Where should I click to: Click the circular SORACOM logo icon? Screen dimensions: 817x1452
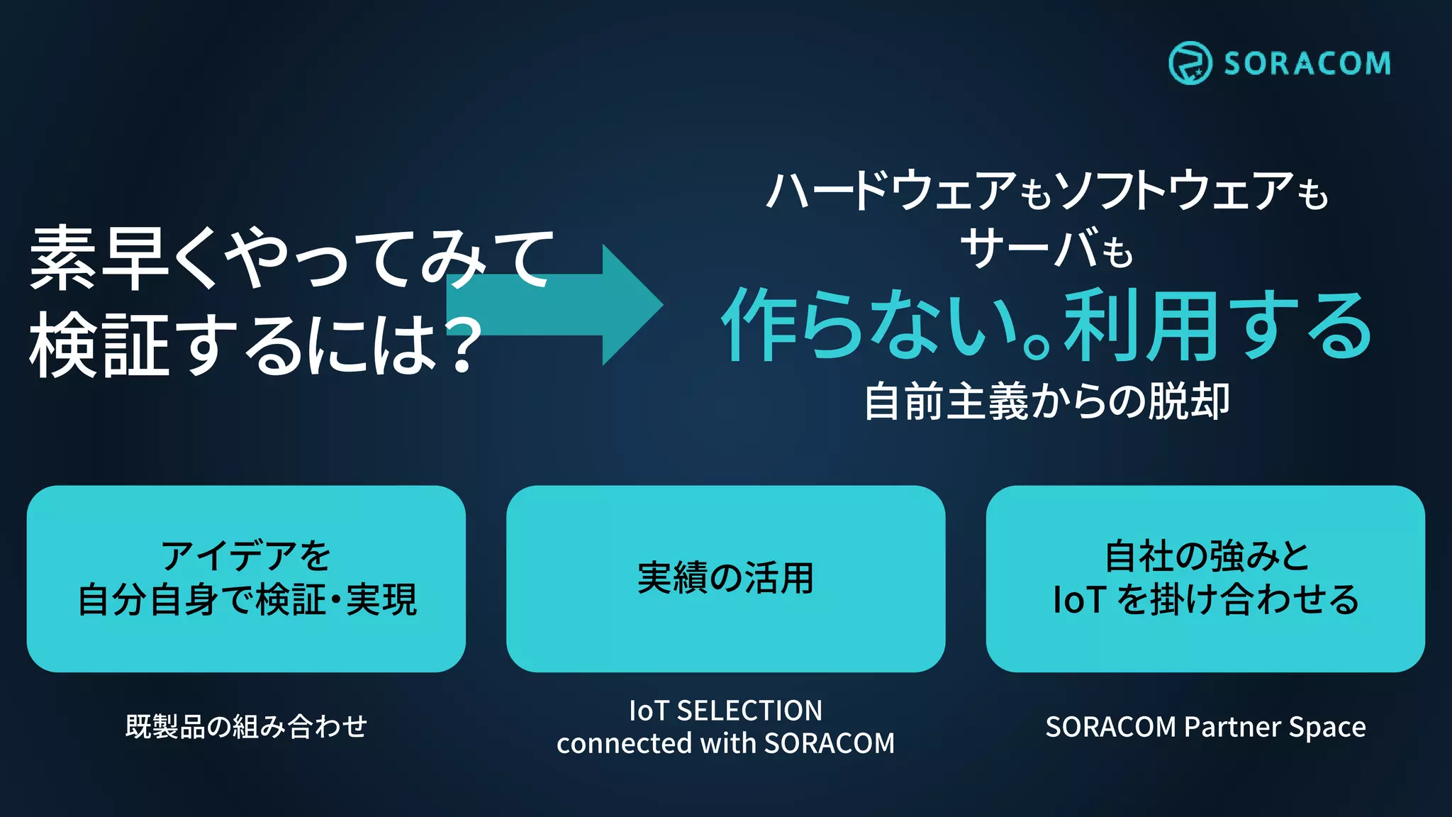coord(1190,63)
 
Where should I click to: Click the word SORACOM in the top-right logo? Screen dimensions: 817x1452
coord(1307,64)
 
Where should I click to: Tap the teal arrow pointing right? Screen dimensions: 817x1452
coord(567,305)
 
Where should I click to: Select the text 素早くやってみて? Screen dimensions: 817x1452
coord(291,258)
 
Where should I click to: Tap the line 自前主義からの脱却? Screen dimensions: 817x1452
coord(1046,401)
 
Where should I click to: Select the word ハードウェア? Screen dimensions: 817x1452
coord(892,191)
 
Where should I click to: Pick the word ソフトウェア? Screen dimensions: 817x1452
coord(1173,191)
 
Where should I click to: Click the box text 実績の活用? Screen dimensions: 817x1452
coord(725,578)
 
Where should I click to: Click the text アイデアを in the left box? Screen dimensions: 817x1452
coord(246,555)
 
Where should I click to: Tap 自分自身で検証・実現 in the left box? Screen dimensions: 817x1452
coord(247,600)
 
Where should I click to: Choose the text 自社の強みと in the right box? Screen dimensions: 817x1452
coord(1206,555)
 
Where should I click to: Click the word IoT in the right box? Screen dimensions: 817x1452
coord(1079,600)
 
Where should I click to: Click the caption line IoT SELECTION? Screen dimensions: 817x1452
coord(725,711)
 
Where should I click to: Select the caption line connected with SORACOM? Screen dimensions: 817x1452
coord(725,743)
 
